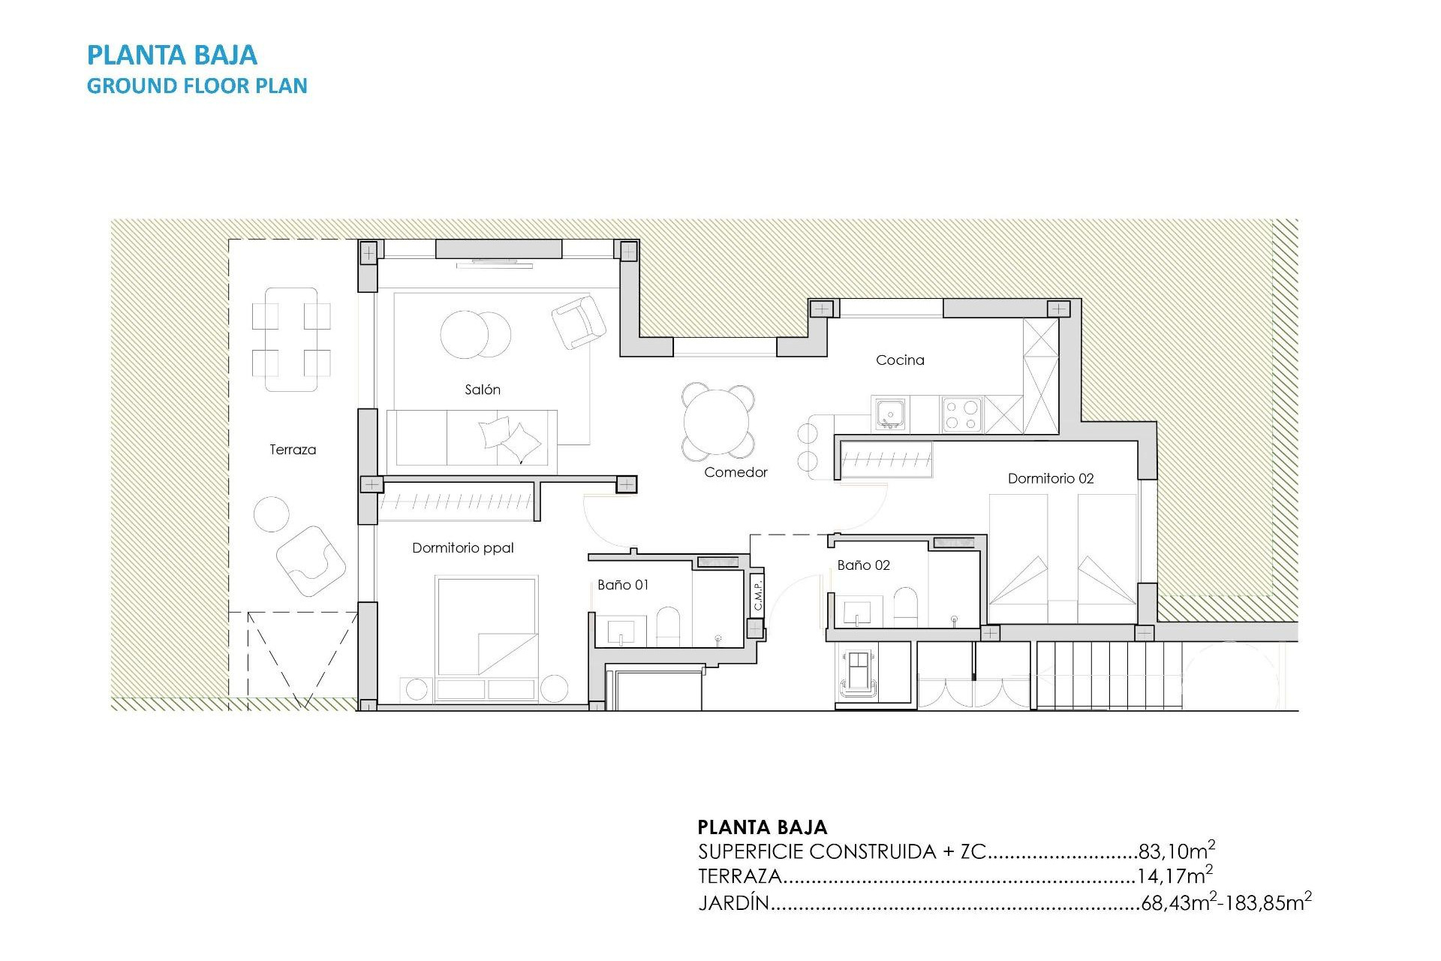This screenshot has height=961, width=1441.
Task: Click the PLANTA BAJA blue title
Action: (172, 55)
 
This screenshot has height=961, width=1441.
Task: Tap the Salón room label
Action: (483, 390)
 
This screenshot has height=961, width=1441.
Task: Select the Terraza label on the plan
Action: (293, 450)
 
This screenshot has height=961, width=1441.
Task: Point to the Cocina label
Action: (900, 360)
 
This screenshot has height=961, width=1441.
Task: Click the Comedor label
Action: (736, 472)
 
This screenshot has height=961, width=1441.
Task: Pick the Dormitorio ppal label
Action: (463, 548)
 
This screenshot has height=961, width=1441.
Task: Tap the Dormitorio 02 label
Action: (1051, 478)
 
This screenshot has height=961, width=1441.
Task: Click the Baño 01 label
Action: (623, 585)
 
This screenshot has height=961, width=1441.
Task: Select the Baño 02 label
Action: (863, 565)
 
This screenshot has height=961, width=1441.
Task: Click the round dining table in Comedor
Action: (717, 422)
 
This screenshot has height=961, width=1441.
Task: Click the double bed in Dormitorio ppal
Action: (486, 627)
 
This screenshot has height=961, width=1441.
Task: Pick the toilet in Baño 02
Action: (906, 606)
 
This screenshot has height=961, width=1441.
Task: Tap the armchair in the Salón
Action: (578, 322)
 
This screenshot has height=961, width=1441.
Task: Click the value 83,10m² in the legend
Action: (1176, 851)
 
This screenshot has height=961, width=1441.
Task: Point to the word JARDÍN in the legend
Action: (734, 902)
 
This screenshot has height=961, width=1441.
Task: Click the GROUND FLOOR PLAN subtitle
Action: (197, 86)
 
